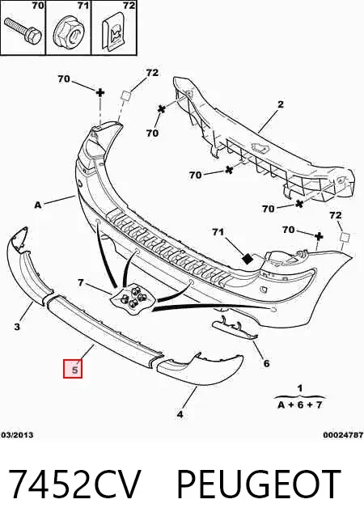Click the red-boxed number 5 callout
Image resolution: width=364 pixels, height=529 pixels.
coord(73,369)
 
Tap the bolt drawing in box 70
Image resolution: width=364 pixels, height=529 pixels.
coord(23,30)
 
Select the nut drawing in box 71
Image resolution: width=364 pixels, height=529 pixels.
coord(69,33)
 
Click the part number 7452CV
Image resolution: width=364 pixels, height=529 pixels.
coord(74,485)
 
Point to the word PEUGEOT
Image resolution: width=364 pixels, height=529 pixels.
coord(259,485)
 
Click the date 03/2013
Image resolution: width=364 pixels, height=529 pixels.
coord(17,435)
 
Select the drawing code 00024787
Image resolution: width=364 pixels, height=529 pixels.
coord(344,435)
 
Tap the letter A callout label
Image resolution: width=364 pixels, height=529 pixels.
coord(38,205)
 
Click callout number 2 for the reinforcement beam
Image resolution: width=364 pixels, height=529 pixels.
coord(281,104)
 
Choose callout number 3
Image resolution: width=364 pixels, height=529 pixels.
coord(17,326)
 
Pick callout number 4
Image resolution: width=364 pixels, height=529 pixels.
coord(180,414)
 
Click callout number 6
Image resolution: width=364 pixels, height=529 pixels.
coord(266,363)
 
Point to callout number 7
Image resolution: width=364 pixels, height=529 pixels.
coord(81,282)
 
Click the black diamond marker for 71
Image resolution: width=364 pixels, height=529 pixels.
coord(248,258)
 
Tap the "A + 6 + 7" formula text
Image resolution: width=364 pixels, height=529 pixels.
coord(300,404)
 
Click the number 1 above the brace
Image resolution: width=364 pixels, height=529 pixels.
coord(300,388)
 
